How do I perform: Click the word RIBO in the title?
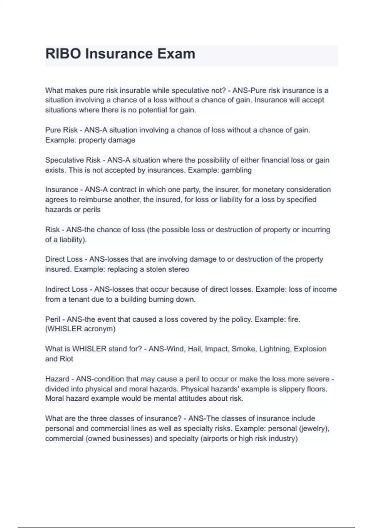pyautogui.click(x=63, y=54)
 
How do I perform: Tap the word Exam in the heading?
pyautogui.click(x=176, y=54)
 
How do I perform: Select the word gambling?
pyautogui.click(x=236, y=170)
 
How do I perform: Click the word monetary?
pyautogui.click(x=269, y=190)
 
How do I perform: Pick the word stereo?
pyautogui.click(x=178, y=269)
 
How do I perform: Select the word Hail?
pyautogui.click(x=195, y=349)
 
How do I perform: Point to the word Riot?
pyautogui.click(x=66, y=359)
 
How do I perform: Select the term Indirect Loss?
pyautogui.click(x=66, y=289)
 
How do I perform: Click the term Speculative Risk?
pyautogui.click(x=73, y=160)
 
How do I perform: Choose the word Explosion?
pyautogui.click(x=310, y=349)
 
